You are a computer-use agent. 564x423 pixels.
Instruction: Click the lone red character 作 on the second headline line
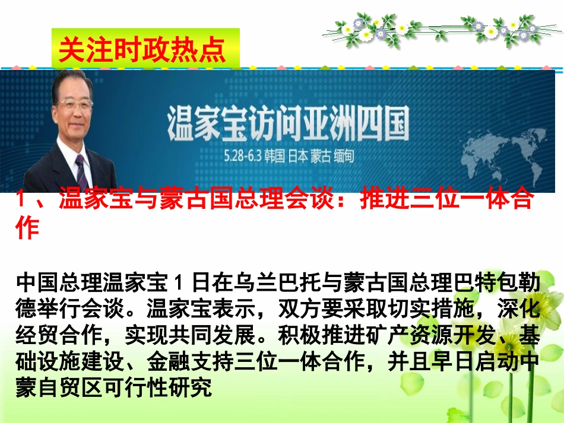point(27,228)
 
